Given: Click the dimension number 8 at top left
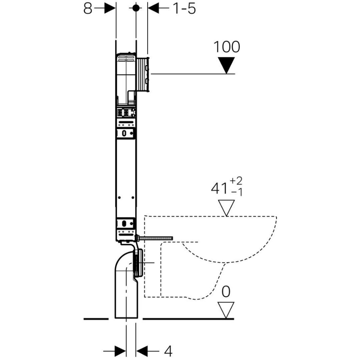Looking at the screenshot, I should coord(88,9).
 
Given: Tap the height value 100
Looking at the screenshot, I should coord(227,47).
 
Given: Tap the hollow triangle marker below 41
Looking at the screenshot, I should coord(226,208).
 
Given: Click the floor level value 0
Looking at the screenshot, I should coord(226,291).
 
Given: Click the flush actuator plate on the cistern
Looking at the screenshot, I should coord(143,74).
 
